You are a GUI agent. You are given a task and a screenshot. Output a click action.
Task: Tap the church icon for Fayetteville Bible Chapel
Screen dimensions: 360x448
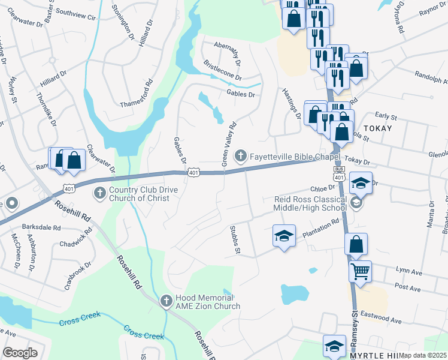(x=241, y=156)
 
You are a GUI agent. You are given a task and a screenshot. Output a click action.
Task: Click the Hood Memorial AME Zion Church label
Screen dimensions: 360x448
(x=208, y=302)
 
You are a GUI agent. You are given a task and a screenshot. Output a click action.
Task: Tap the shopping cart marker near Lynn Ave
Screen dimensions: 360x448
(x=360, y=271)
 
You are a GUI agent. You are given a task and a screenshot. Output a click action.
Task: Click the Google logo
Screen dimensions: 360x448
(x=20, y=352)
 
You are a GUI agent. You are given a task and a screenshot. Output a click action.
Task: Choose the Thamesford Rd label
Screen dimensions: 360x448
(x=137, y=94)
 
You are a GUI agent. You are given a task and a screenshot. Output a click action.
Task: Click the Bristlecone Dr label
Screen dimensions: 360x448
(x=222, y=70)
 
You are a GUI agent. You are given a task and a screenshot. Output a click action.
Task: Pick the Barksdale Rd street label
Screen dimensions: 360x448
(x=41, y=228)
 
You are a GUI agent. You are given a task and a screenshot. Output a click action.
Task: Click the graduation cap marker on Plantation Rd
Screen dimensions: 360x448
(x=284, y=235)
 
